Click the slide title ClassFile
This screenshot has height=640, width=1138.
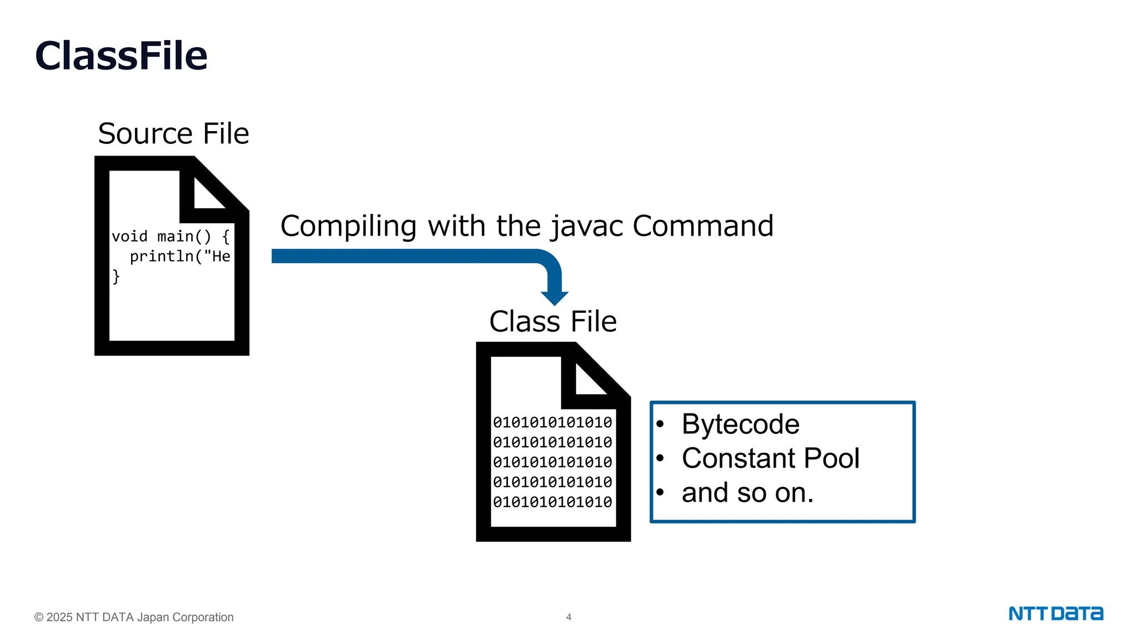[x=121, y=56]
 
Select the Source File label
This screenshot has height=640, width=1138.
[x=173, y=134]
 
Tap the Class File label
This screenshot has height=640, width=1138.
[x=553, y=322]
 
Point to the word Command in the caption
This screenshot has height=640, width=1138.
[x=703, y=226]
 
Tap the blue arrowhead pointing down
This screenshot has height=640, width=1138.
[x=554, y=297]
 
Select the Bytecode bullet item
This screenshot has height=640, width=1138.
[x=740, y=424]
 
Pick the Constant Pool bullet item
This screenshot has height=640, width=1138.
[x=770, y=459]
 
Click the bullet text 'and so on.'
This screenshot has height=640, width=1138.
[x=747, y=493]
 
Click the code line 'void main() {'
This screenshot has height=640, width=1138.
[x=171, y=237]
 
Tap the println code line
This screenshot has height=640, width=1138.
[x=179, y=257]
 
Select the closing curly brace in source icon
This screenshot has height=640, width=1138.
[x=116, y=276]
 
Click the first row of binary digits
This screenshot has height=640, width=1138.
[x=552, y=423]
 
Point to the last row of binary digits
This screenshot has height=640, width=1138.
[x=552, y=502]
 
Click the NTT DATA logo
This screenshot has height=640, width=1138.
[x=1056, y=614]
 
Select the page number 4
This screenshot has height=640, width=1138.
[x=568, y=617]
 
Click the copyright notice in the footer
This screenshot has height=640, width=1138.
[x=134, y=617]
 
